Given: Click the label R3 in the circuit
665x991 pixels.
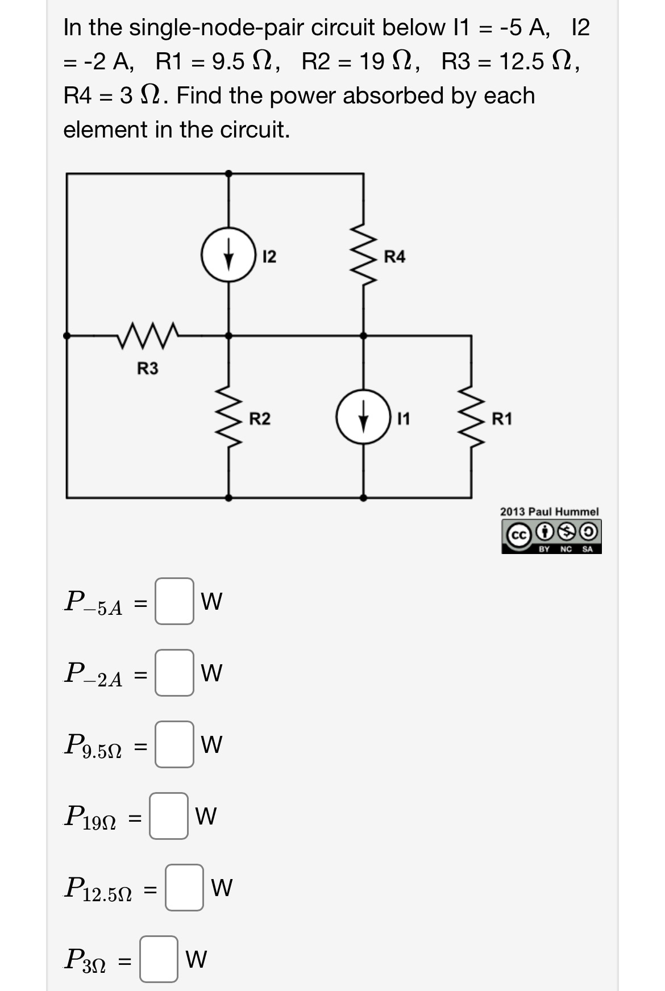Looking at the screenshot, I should pyautogui.click(x=148, y=369).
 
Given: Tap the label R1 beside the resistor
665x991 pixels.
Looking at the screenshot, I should pyautogui.click(x=502, y=419).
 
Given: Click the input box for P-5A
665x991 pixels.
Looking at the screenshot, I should pyautogui.click(x=174, y=601).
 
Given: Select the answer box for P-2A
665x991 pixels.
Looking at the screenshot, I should pyautogui.click(x=174, y=673).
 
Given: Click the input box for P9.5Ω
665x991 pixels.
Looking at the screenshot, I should pyautogui.click(x=174, y=744).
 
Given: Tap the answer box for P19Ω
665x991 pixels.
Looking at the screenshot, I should pyautogui.click(x=169, y=816).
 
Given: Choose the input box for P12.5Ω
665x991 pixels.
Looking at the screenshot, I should pyautogui.click(x=184, y=888).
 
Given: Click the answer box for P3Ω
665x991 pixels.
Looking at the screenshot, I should pyautogui.click(x=159, y=959).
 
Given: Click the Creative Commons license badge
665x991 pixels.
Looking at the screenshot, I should pyautogui.click(x=551, y=536).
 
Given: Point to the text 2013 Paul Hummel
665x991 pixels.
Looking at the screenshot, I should pyautogui.click(x=549, y=512).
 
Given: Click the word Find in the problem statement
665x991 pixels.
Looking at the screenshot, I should pyautogui.click(x=199, y=95).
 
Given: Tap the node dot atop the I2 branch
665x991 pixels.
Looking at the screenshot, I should pyautogui.click(x=228, y=173).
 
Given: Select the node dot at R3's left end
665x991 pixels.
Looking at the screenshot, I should pyautogui.click(x=67, y=335).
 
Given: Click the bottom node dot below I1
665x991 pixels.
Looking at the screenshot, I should pyautogui.click(x=363, y=497).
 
